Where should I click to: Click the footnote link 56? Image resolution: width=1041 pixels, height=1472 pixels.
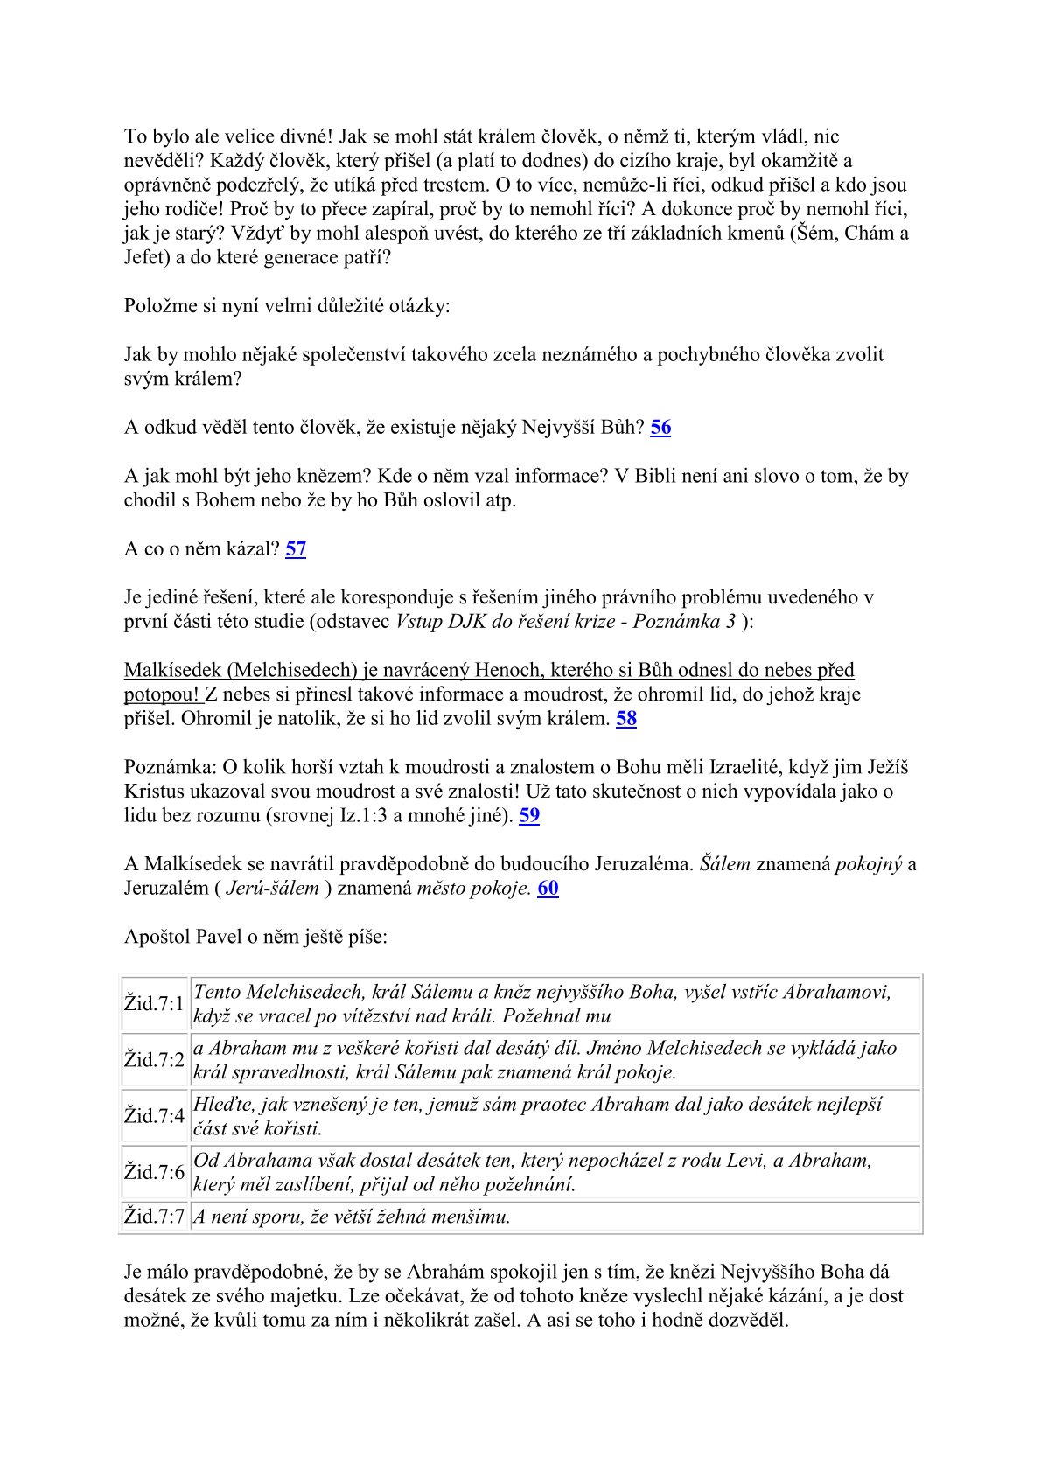tap(660, 428)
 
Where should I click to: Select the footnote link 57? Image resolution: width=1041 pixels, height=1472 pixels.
tap(296, 549)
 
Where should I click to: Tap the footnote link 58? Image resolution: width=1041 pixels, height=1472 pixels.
tap(626, 719)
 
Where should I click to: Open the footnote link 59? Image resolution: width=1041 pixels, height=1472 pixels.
tap(529, 816)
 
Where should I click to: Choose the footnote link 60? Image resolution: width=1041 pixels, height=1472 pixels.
tap(548, 889)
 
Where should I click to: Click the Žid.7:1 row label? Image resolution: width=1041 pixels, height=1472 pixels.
tap(154, 1004)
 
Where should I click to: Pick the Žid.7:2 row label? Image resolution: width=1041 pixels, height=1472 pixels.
tap(154, 1060)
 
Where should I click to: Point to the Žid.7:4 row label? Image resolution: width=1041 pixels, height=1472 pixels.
tap(154, 1116)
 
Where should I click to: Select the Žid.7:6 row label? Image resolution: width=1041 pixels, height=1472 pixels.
tap(154, 1172)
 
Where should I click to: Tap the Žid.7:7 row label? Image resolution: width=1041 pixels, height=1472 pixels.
tap(154, 1217)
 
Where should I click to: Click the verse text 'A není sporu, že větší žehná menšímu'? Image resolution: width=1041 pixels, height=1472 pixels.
tap(352, 1217)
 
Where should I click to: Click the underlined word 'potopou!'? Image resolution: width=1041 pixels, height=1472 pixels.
tap(162, 694)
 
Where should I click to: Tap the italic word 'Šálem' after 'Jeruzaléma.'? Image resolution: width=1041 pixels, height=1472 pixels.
tap(725, 864)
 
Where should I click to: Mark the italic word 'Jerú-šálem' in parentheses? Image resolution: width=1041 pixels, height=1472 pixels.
tap(272, 889)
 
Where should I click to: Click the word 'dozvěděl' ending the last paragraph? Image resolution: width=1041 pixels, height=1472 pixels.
tap(749, 1320)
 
